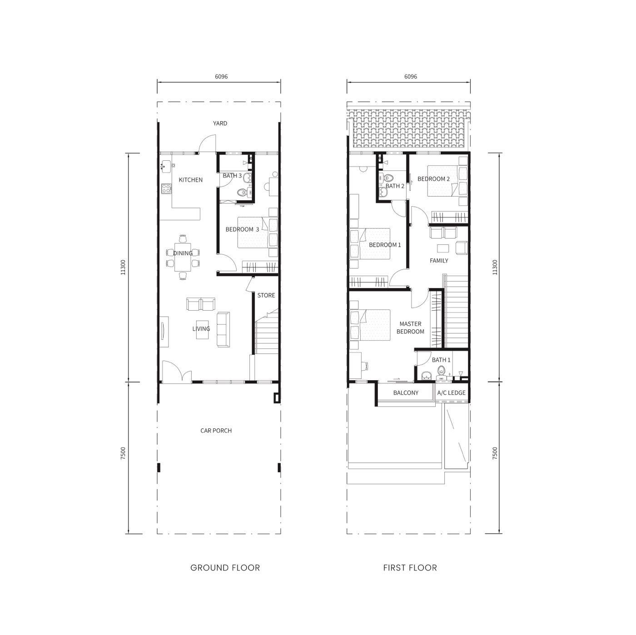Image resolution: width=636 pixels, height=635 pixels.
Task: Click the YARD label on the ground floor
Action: [x=220, y=124]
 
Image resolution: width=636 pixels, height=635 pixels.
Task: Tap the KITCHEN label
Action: [x=190, y=180]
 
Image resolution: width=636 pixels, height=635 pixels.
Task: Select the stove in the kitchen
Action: [x=166, y=189]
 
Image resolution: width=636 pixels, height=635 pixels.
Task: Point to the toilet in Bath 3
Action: [x=242, y=193]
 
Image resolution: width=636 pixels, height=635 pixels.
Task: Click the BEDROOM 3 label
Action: [x=242, y=229]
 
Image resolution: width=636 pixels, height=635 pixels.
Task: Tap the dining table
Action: [x=183, y=257]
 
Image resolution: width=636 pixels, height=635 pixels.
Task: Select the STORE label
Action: [x=266, y=295]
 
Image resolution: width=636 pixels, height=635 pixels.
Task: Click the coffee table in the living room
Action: [x=202, y=329]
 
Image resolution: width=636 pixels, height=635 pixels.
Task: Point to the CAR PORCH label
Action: [x=216, y=431]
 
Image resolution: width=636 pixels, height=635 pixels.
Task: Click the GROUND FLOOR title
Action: [x=225, y=568]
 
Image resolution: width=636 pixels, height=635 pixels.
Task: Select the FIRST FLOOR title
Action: [x=410, y=568]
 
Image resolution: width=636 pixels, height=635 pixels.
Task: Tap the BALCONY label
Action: [x=406, y=393]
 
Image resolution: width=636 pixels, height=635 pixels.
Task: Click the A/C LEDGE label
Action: [x=451, y=393]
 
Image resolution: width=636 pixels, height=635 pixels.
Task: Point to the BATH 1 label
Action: [x=441, y=360]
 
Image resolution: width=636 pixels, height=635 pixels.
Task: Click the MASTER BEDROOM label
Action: [x=410, y=328]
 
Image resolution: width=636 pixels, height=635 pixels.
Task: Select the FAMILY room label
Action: [x=439, y=261]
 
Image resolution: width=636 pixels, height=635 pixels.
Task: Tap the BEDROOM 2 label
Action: [x=433, y=179]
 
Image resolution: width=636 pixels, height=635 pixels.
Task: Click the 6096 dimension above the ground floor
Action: [x=221, y=77]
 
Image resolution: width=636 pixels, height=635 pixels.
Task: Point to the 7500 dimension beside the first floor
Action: [x=494, y=453]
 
